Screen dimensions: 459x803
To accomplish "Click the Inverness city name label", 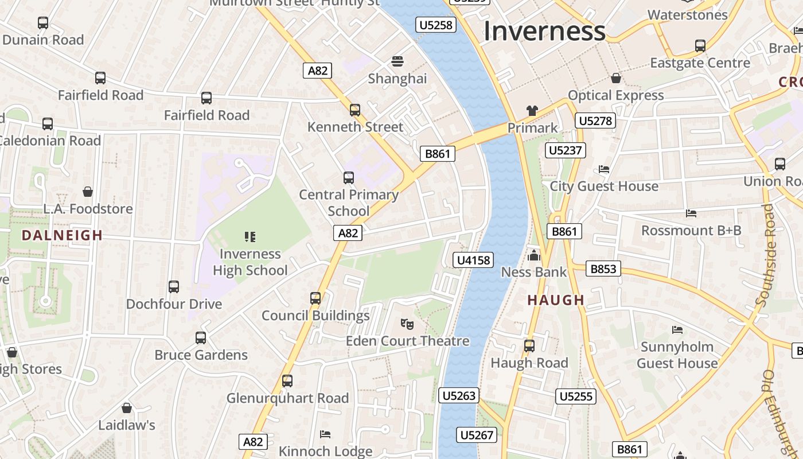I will pos(544,31).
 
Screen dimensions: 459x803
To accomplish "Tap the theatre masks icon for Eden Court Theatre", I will pos(407,324).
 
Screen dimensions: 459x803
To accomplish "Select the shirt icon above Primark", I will pos(532,111).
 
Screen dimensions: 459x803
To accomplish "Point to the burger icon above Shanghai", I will pos(397,61).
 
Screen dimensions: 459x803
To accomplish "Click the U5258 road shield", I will pos(436,25).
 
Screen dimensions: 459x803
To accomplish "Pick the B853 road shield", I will pos(603,269).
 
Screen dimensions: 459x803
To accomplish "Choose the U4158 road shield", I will pos(473,260).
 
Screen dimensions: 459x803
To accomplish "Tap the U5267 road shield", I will pos(477,435).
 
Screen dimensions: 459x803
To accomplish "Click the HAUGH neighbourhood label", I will pos(556,300).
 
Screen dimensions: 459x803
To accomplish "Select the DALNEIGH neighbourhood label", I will pos(62,235).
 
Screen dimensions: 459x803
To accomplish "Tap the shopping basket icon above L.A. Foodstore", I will pos(88,192).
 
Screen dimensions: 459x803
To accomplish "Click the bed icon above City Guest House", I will pos(604,169).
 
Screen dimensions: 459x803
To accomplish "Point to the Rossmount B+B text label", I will pos(691,231).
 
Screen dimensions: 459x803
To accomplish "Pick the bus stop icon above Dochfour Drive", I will pos(173,286).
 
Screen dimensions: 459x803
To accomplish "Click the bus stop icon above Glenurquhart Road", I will pos(287,380).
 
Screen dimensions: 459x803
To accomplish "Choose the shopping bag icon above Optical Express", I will pos(616,78).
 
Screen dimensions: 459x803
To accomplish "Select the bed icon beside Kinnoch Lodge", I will pos(325,434).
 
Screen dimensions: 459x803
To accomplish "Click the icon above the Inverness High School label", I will pos(250,236).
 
